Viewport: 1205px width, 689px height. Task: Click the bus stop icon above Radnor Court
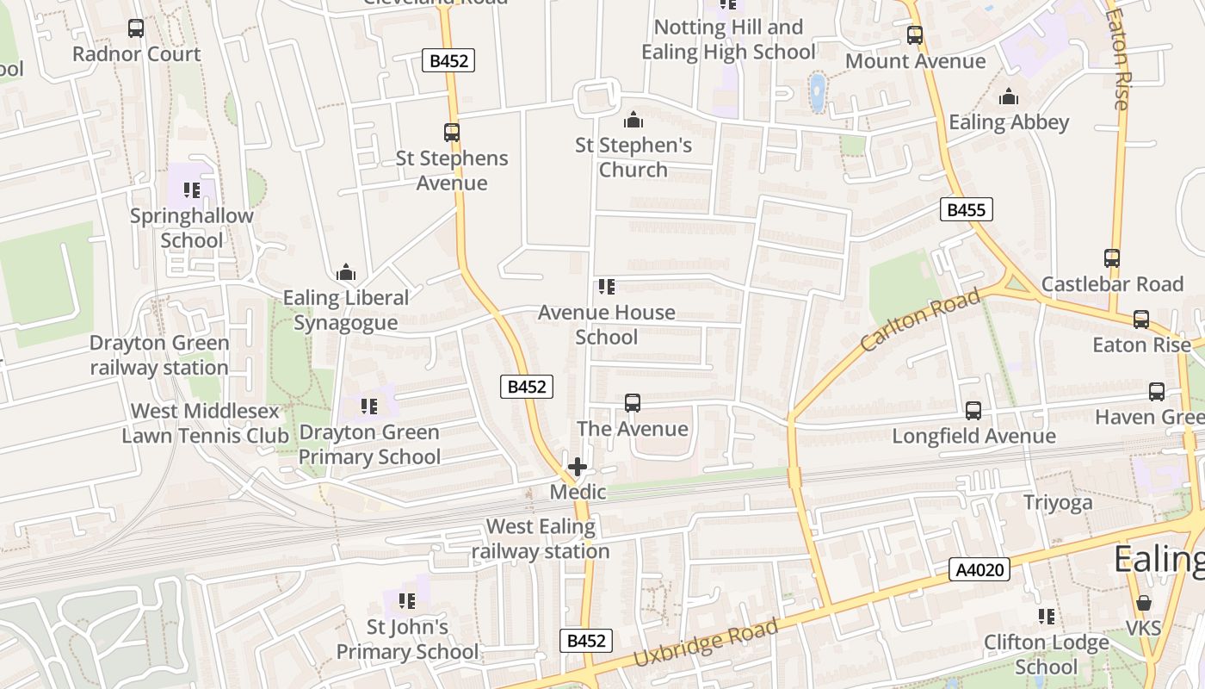136,28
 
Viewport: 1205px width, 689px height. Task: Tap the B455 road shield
967,209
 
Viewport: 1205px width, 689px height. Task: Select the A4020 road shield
979,569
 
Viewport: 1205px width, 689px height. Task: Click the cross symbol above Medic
578,468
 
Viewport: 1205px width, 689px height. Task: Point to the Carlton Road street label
920,320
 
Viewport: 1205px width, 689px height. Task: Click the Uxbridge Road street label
706,642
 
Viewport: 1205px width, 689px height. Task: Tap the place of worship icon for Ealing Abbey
1009,96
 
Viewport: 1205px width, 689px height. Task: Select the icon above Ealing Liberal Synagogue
346,273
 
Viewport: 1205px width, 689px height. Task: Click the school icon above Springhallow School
191,190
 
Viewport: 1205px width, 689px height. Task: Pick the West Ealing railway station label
541,538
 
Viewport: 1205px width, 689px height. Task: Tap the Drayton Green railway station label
159,355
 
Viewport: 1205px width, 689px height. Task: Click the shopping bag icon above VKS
1144,603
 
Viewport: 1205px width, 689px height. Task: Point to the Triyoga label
1058,502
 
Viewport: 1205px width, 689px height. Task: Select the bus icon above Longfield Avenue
973,411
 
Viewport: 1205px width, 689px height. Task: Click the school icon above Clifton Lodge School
1047,617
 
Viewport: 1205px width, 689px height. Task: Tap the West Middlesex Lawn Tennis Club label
205,423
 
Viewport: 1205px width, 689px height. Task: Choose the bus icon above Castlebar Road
1112,258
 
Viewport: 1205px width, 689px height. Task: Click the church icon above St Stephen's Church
633,120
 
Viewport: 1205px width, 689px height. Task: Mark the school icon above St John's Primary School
407,601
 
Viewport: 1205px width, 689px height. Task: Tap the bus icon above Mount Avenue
915,36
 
